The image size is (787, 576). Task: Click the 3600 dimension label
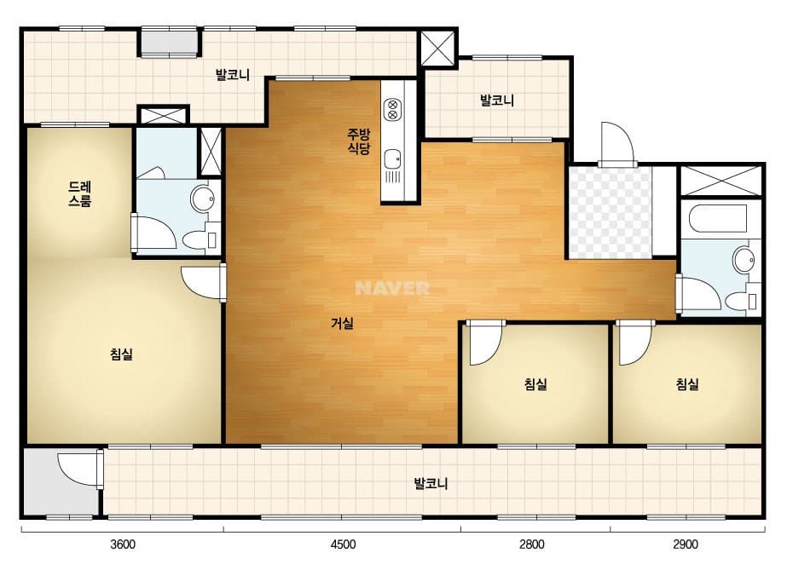pos(123,544)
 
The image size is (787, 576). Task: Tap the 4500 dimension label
pos(344,544)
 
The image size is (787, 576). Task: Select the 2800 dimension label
pos(531,544)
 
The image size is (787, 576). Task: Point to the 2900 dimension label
pos(686,544)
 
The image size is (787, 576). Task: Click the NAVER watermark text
pos(392,288)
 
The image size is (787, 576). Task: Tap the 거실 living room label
pos(342,324)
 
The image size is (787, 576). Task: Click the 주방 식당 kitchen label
pos(359,141)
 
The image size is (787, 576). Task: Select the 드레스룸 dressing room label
pos(80,194)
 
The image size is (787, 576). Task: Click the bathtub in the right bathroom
pos(718,219)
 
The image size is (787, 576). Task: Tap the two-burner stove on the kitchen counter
pos(392,110)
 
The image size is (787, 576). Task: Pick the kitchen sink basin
pos(392,159)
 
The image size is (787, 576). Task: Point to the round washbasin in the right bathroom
pos(744,260)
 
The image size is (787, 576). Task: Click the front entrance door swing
pos(616,143)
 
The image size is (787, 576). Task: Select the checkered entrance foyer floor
pos(611,213)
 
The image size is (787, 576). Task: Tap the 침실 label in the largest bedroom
pos(121,354)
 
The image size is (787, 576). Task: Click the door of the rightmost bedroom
pos(634,344)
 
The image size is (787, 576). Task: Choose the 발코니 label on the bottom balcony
pos(431,484)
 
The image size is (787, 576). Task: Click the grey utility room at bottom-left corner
pos(60,482)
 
